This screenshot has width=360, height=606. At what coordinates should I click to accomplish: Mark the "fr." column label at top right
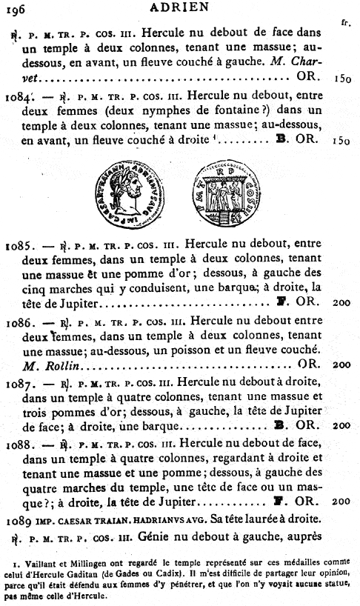(x=345, y=22)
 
